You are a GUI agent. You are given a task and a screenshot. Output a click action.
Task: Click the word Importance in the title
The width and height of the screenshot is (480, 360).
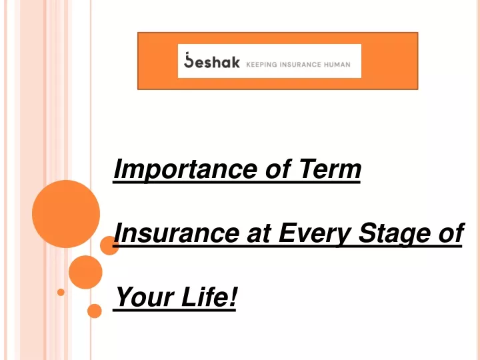coord(185,169)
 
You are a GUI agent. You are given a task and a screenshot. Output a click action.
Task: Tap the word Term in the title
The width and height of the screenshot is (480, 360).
coord(330,169)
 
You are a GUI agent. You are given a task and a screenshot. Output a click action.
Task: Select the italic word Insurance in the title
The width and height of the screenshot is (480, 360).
coord(176,233)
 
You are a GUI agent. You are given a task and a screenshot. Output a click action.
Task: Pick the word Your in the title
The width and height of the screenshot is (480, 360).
coord(145,296)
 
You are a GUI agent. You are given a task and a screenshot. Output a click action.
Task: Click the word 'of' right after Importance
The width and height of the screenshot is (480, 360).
coord(277,169)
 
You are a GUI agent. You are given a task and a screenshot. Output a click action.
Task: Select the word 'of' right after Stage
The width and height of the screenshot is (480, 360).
coord(451,233)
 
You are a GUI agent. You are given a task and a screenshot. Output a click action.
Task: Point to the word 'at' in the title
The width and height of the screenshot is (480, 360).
coord(259,234)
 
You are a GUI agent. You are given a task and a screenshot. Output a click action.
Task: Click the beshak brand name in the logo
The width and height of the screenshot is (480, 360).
coord(211,60)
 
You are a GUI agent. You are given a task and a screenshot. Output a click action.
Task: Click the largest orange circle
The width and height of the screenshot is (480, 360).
coord(66,214)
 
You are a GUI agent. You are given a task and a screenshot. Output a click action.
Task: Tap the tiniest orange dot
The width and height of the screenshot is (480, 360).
coord(61,292)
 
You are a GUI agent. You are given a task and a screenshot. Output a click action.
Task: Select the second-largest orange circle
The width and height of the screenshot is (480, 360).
coord(85,272)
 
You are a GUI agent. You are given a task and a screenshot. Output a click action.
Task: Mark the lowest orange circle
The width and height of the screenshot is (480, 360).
coord(94,311)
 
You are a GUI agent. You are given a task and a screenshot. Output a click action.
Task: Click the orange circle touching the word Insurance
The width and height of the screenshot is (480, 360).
coord(109,245)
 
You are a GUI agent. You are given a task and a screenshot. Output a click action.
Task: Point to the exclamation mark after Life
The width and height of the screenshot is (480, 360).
coord(233,296)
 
